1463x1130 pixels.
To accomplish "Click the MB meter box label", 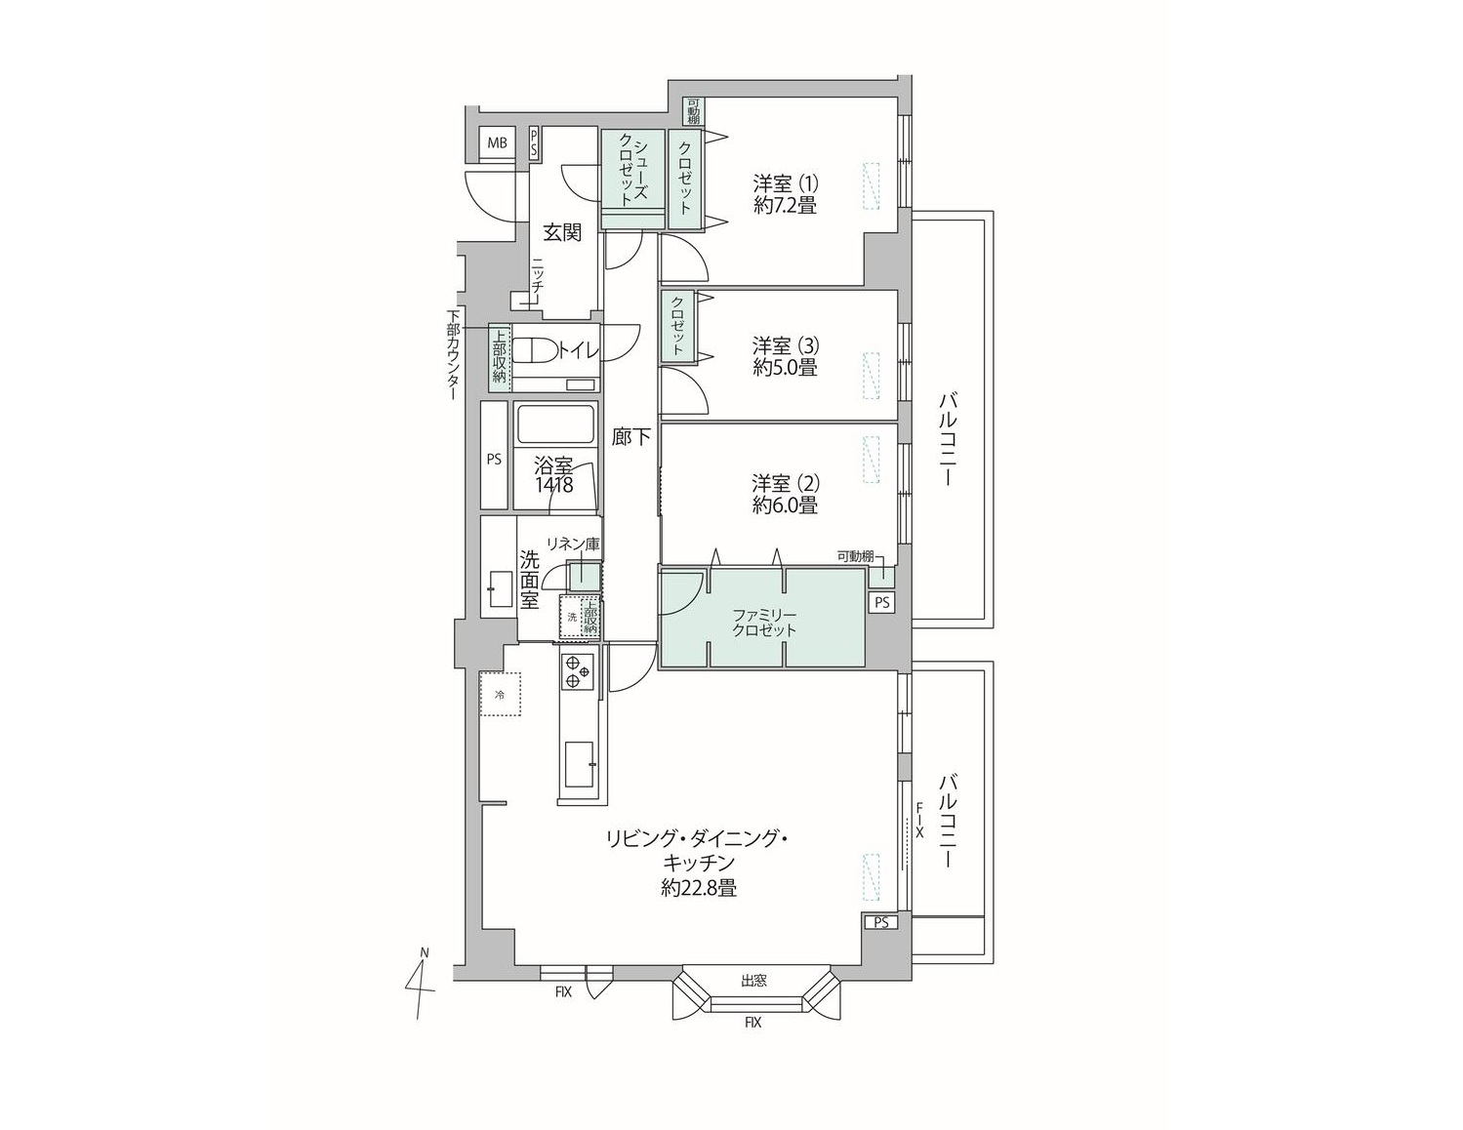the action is click(x=498, y=142).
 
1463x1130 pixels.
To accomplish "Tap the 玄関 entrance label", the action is click(x=562, y=233).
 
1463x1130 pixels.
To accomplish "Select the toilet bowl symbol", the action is click(x=535, y=350).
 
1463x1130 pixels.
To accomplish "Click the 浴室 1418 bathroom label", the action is click(x=553, y=474).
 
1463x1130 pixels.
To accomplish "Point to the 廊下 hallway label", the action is click(x=630, y=437).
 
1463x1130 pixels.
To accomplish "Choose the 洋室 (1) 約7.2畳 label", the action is click(x=785, y=194).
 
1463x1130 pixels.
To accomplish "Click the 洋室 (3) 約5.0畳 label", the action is click(x=785, y=357).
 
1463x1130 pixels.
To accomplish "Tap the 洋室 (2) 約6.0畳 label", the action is click(x=785, y=494).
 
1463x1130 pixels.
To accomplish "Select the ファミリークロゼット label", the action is click(x=764, y=623).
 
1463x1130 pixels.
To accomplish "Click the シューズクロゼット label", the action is click(x=632, y=170).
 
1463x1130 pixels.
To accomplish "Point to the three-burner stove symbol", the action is click(x=577, y=671).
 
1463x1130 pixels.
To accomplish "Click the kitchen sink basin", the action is click(x=579, y=764).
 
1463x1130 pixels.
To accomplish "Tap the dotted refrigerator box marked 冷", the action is click(x=500, y=694).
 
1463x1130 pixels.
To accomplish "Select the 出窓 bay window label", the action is click(x=754, y=981).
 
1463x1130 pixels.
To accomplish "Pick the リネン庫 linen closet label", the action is click(x=572, y=545).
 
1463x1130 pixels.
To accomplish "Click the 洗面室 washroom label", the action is click(x=529, y=580).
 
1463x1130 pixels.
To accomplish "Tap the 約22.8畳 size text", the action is click(x=699, y=888).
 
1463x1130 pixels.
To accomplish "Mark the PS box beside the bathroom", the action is click(x=494, y=455).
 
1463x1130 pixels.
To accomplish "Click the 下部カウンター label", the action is click(x=453, y=355).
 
